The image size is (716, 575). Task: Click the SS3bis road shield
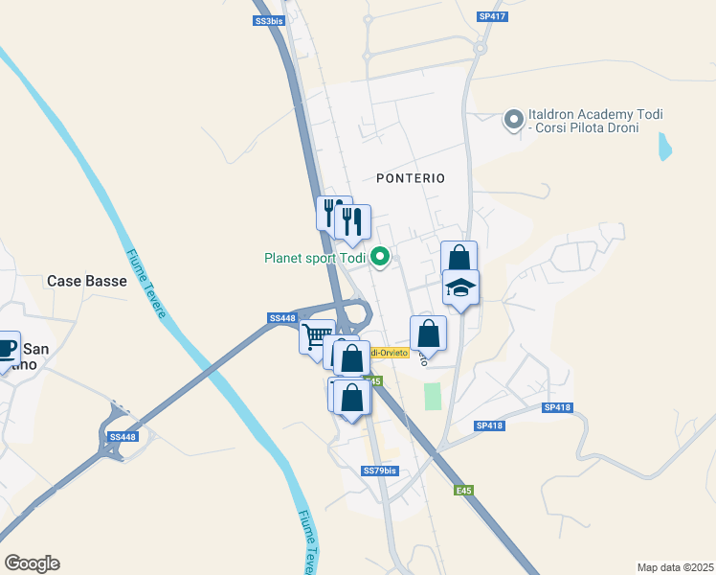tap(270, 20)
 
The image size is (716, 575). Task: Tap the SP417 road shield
tap(492, 16)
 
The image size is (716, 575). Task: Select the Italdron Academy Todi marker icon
tap(514, 120)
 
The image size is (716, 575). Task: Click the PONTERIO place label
tap(411, 178)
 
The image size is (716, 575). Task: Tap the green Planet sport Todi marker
tap(380, 257)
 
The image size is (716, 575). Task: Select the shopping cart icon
tap(316, 336)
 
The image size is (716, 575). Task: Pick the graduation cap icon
tap(460, 287)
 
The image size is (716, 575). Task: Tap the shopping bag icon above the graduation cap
tap(459, 258)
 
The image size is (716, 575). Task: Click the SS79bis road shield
tap(380, 471)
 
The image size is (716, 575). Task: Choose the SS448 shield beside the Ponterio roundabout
tap(282, 318)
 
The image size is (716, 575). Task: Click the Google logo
tap(32, 563)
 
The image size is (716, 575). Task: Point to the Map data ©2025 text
tap(675, 566)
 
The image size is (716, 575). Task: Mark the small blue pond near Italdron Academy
tap(663, 146)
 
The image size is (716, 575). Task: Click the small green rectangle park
tap(434, 396)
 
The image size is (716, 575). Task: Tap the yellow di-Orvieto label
tap(391, 353)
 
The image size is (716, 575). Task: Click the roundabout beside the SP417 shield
tap(480, 47)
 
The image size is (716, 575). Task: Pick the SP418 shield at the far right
tap(556, 407)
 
